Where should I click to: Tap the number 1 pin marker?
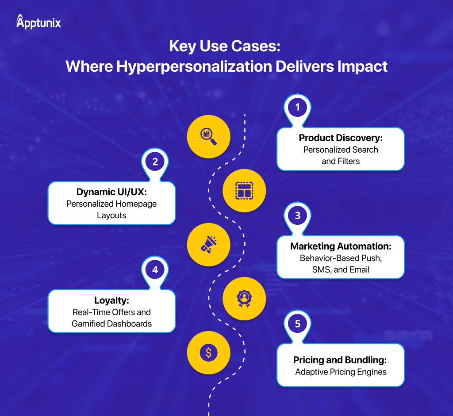pos(298,108)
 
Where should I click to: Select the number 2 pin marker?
pos(155,162)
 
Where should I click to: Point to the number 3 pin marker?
pos(298,216)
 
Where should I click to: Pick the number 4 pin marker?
pos(155,270)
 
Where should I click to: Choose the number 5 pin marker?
pos(298,324)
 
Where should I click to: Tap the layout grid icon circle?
pos(244,191)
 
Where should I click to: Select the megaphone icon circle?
pos(208,245)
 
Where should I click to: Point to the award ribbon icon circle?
pos(244,298)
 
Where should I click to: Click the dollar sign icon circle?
pos(208,353)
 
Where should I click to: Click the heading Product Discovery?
pos(341,138)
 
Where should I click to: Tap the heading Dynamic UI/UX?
pos(111,193)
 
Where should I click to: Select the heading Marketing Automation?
pos(341,247)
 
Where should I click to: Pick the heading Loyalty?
pos(111,301)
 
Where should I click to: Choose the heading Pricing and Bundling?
pos(341,360)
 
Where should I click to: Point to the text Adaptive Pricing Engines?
pos(341,372)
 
